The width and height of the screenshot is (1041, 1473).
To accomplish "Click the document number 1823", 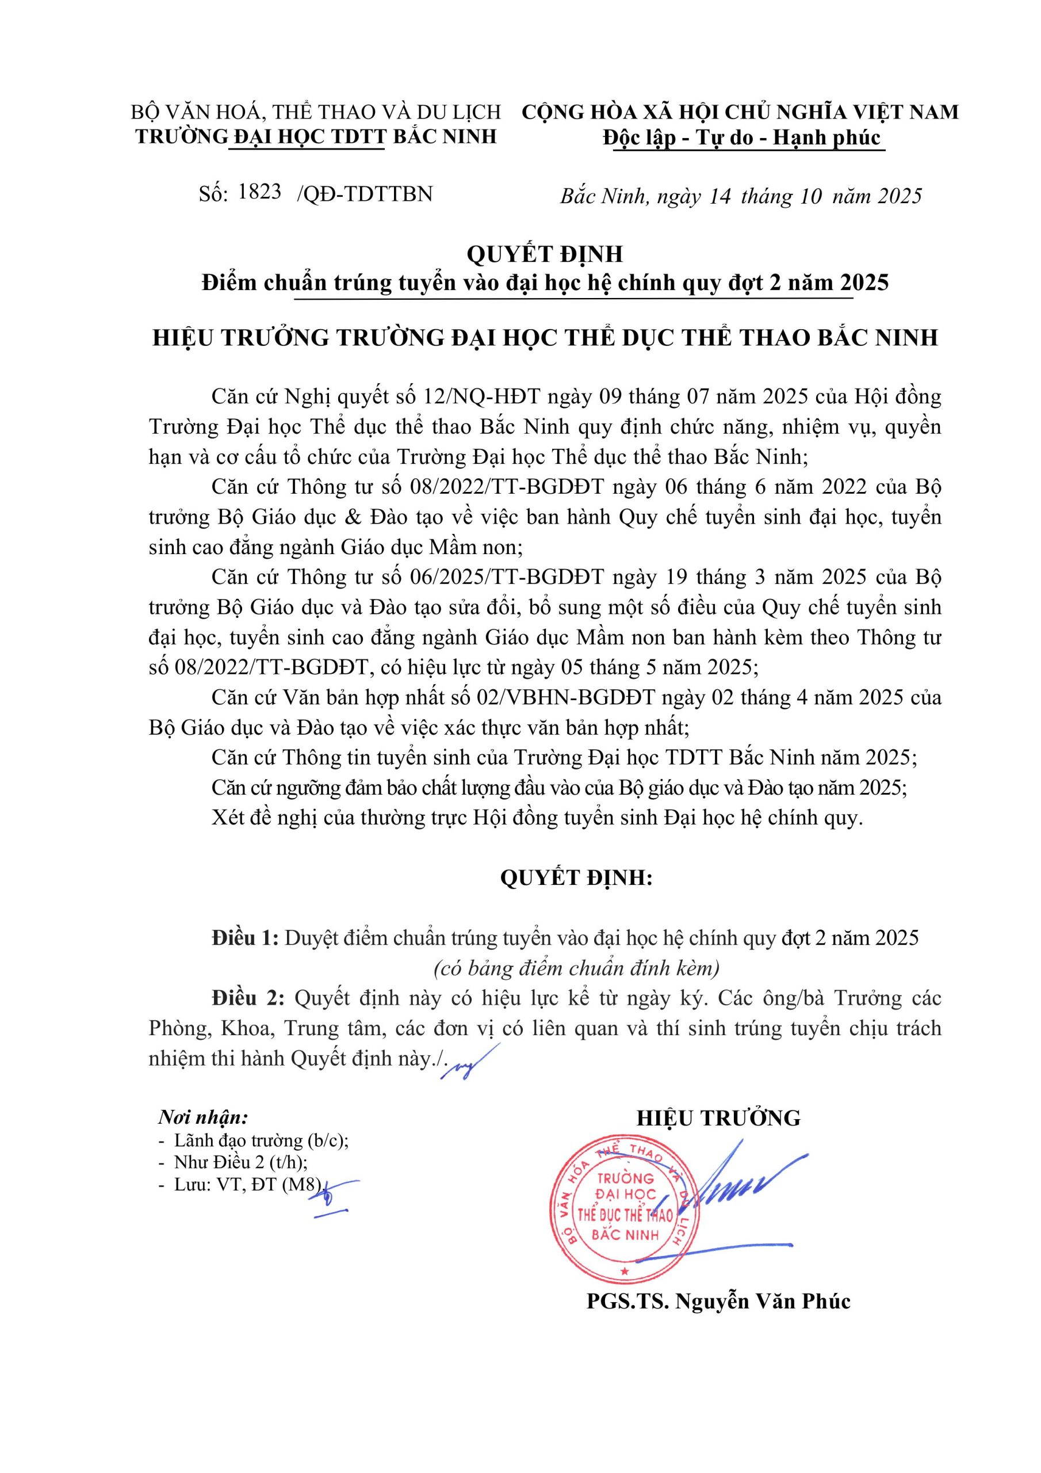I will coord(260,191).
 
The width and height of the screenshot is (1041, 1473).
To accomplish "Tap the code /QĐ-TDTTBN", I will coord(364,194).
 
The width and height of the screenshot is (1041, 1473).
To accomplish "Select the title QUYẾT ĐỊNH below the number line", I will coord(545,254).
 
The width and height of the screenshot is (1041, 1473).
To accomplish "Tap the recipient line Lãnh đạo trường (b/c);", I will coord(261,1140).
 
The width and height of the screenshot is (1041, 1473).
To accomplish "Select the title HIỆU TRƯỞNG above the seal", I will coord(718,1118).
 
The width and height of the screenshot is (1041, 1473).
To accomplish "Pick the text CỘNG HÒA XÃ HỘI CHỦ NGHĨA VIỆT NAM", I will coord(740,112).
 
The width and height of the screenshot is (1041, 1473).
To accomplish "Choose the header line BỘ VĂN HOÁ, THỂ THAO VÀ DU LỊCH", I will coord(316,112).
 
